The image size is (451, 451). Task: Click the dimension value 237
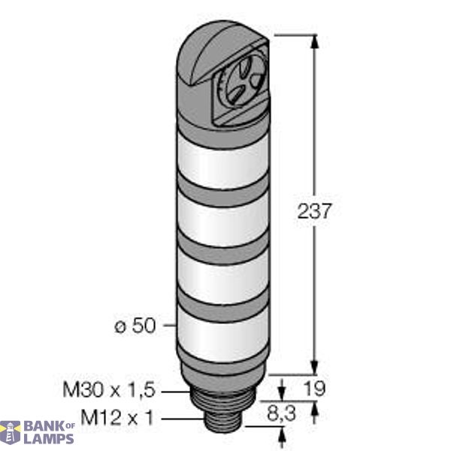[313, 211]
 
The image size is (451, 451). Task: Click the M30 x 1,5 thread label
[117, 390]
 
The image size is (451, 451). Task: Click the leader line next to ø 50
[168, 326]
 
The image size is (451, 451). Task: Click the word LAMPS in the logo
[50, 439]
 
